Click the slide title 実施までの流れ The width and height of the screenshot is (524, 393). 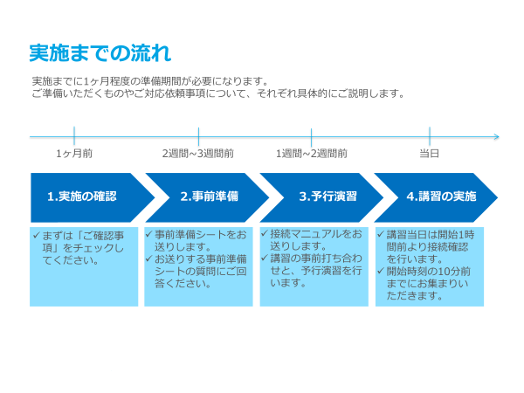(100, 52)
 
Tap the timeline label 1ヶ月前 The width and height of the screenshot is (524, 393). (74, 154)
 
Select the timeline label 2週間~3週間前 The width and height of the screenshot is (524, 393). (198, 154)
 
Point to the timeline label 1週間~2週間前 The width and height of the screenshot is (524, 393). (312, 154)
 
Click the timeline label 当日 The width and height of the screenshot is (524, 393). (430, 154)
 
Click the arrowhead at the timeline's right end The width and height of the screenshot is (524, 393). (497, 137)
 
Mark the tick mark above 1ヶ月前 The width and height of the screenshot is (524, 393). (74, 135)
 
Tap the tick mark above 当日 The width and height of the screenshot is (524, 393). (430, 136)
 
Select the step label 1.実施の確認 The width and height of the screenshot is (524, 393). (82, 196)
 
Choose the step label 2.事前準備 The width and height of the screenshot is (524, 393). (210, 196)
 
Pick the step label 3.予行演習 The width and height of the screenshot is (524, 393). (327, 196)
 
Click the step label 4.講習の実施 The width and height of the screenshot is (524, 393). (441, 196)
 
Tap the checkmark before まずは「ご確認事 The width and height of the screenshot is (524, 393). (37, 235)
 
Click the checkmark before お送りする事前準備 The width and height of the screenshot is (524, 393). (149, 259)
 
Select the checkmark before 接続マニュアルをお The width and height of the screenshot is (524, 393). (265, 233)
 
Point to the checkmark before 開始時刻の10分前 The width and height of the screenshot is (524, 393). (380, 271)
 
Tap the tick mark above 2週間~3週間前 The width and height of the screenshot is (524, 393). (198, 136)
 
